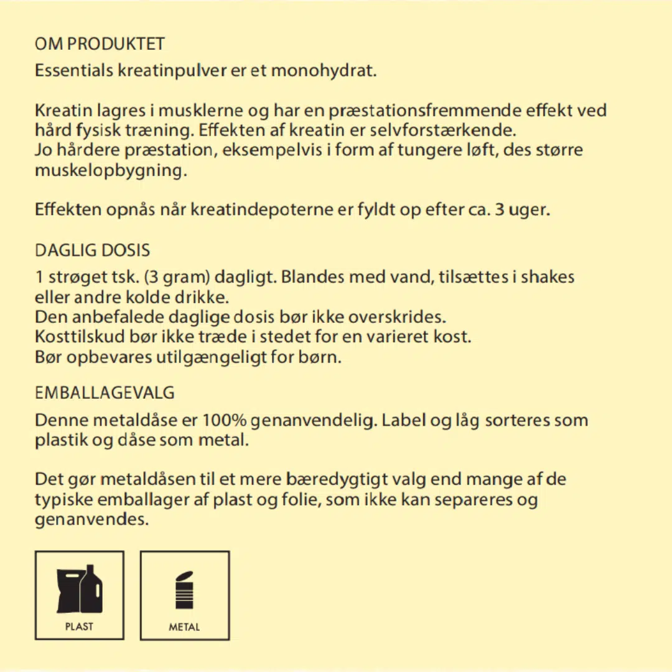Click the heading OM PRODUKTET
100,44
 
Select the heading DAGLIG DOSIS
93,250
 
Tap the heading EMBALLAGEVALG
105,393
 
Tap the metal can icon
184,589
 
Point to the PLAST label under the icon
79,626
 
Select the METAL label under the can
184,627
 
